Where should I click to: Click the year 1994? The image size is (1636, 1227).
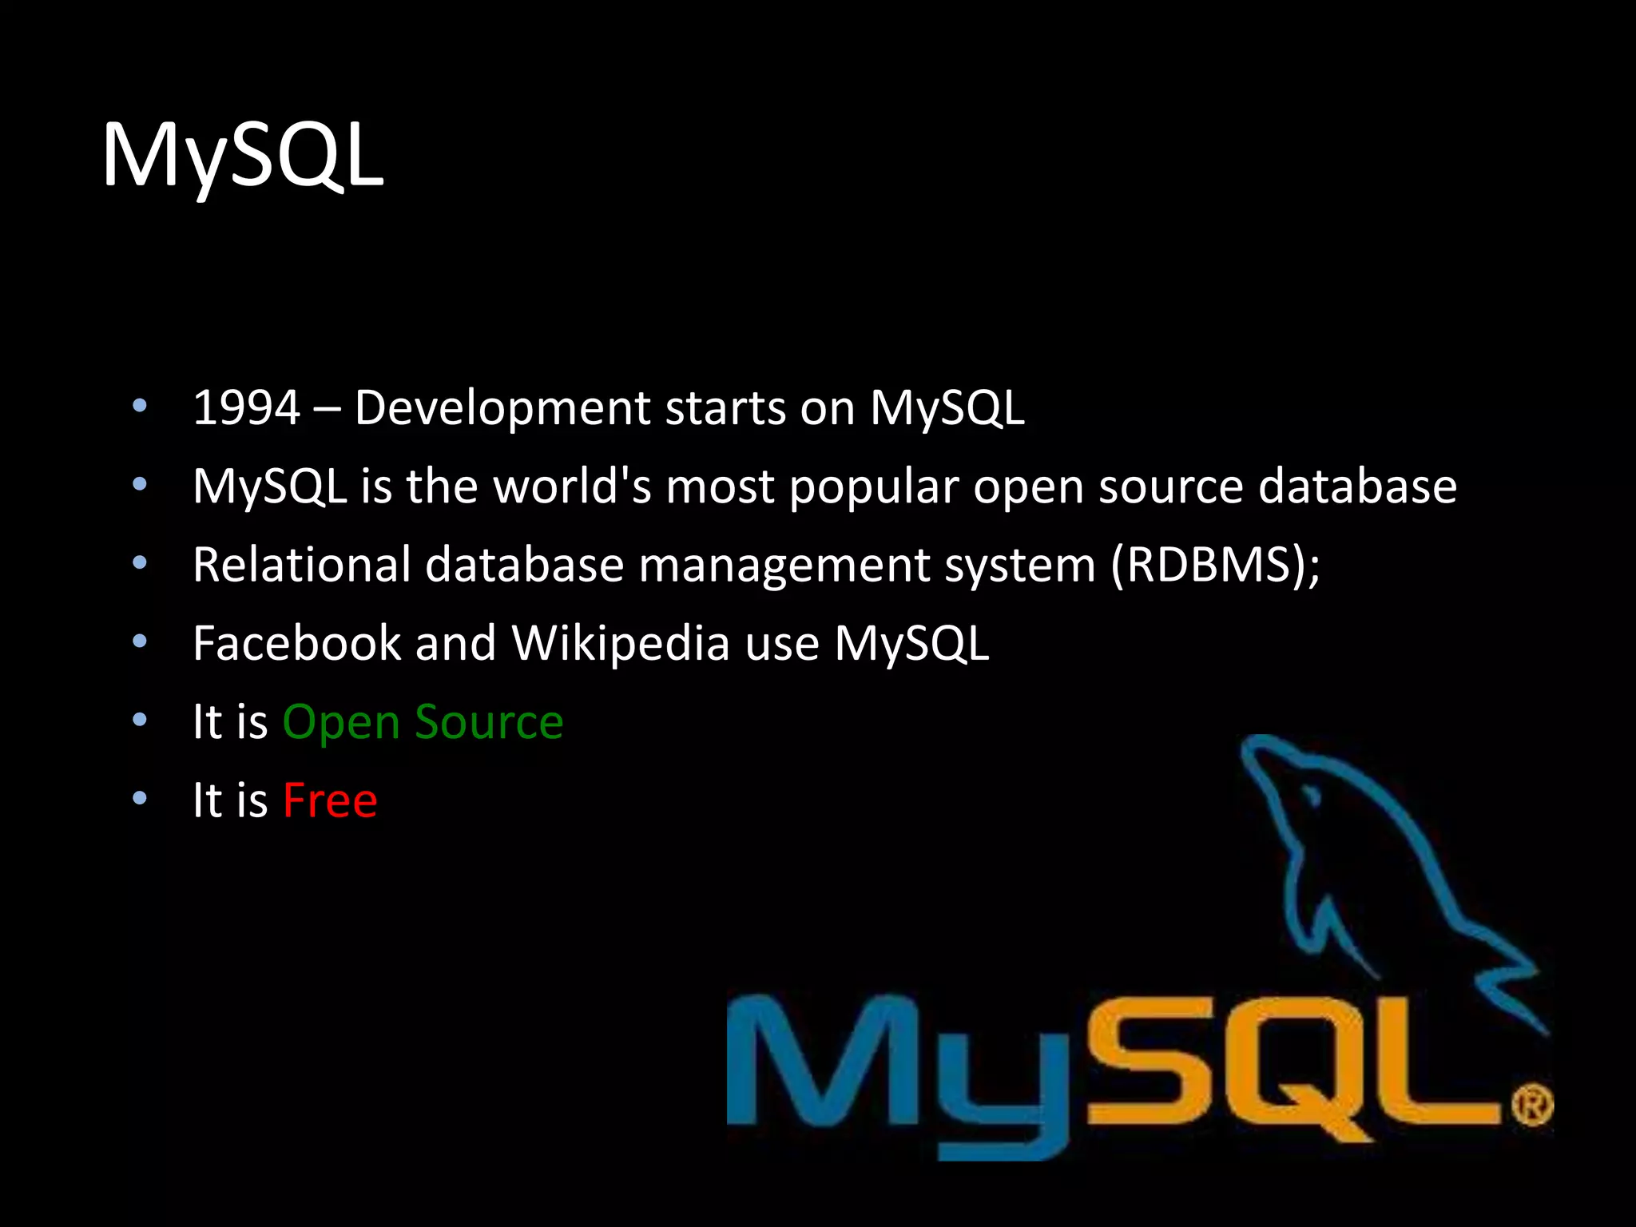point(246,408)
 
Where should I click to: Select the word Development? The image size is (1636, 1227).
point(502,408)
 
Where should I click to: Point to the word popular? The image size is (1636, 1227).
point(874,487)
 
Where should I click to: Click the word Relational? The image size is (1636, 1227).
point(302,564)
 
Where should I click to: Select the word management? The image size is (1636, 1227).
point(784,566)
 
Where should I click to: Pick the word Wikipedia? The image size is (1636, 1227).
point(621,644)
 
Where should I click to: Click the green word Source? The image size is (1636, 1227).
point(489,722)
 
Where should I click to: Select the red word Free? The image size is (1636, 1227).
point(330,800)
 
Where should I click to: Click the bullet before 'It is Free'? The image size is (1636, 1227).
point(140,798)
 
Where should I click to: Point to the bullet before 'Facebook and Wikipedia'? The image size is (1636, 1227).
point(140,641)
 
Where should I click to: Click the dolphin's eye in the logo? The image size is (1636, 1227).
point(1311,796)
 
